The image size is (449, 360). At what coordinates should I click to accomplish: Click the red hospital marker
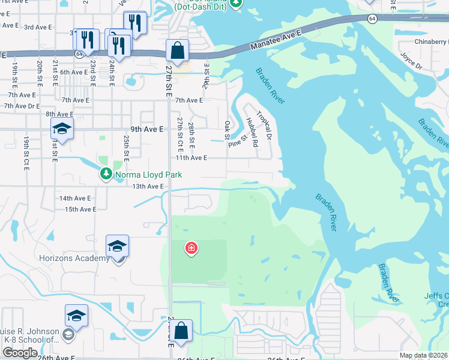[191, 248]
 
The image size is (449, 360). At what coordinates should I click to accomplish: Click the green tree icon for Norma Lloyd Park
[106, 174]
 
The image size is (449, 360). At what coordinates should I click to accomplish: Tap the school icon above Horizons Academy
[117, 246]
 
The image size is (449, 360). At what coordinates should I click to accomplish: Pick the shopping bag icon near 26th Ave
[181, 331]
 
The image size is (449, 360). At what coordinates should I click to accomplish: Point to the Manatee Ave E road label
[273, 41]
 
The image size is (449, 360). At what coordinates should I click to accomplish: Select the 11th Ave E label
[191, 158]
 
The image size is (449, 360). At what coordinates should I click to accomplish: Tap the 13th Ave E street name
[148, 187]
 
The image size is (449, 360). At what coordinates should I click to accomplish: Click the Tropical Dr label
[264, 125]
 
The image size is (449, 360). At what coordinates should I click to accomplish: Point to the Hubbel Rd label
[252, 131]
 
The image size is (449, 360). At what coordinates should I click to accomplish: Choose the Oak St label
[228, 129]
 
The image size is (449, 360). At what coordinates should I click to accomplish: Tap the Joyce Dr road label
[412, 59]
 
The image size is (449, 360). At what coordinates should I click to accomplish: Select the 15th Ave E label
[80, 209]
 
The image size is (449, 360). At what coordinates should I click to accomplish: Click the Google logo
[20, 353]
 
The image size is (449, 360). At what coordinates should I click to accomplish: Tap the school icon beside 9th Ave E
[62, 129]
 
